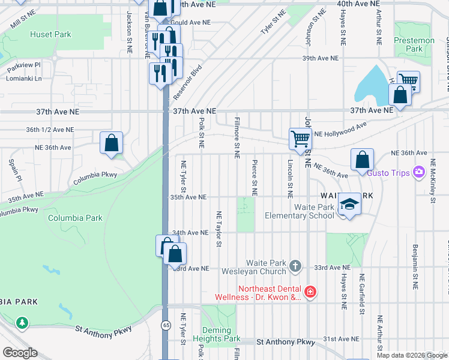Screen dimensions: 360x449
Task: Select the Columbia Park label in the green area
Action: (x=75, y=218)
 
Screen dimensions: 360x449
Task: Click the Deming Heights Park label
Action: (x=216, y=335)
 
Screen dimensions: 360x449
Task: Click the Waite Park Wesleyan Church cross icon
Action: (x=295, y=265)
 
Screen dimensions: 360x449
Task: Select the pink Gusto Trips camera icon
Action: (x=419, y=173)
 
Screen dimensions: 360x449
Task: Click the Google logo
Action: (x=20, y=353)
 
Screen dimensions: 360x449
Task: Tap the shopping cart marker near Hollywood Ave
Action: (x=300, y=139)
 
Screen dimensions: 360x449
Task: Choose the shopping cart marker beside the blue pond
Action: (x=408, y=80)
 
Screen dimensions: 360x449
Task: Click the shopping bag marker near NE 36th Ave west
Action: (x=112, y=143)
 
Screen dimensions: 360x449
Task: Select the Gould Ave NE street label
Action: (x=191, y=22)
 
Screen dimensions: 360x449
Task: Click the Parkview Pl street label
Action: (x=25, y=65)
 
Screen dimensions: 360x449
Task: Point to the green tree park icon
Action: (x=22, y=323)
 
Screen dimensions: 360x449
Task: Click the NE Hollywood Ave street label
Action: (x=340, y=130)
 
